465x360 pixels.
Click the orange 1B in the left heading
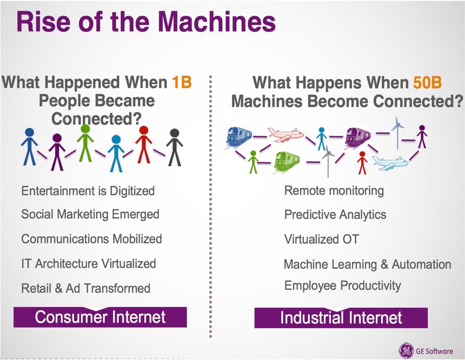182,82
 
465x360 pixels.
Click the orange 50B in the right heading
427,82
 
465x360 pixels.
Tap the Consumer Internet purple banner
100,317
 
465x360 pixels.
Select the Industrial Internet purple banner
341,317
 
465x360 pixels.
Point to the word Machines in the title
217,22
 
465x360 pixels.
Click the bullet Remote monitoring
334,191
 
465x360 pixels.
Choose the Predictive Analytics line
335,215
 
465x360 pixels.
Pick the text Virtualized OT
322,239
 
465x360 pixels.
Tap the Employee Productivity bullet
342,285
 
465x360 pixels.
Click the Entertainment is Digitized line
88,191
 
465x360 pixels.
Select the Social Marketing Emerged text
90,214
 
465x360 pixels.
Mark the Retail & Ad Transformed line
86,288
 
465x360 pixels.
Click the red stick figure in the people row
143,145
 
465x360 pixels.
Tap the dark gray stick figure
174,147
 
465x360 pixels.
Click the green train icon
286,161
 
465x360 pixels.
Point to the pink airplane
285,135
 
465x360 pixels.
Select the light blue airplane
389,163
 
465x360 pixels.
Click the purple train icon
357,137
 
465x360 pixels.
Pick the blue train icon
239,137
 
